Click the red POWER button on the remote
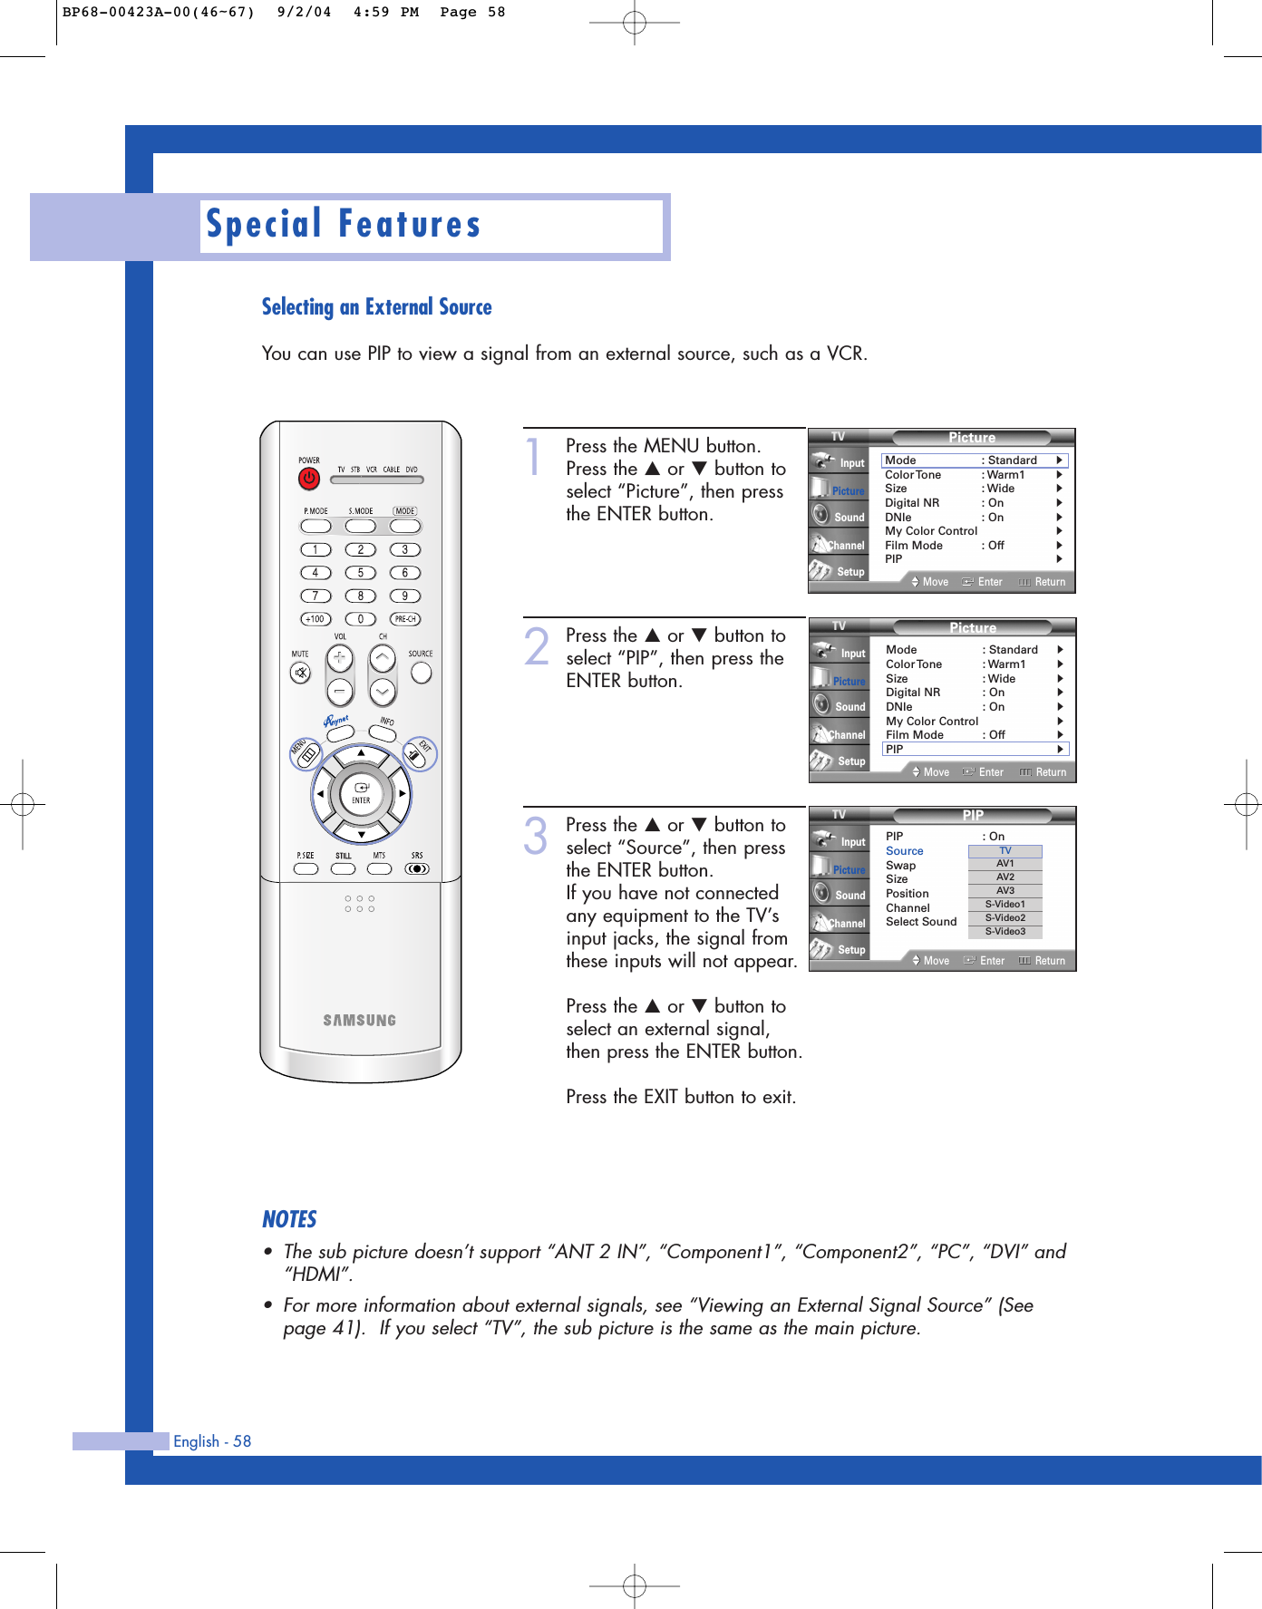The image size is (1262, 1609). point(309,478)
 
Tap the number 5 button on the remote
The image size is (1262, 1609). point(360,573)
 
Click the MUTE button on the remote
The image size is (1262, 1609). point(301,673)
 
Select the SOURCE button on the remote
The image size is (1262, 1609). point(421,673)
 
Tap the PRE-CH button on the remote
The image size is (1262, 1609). point(405,619)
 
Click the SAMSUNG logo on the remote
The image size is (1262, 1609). point(360,1020)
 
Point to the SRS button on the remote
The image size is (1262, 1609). point(416,868)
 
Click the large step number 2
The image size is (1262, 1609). point(537,646)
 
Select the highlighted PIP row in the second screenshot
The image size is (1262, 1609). point(975,749)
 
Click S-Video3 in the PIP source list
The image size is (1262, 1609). point(1005,932)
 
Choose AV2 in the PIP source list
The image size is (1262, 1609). point(1005,877)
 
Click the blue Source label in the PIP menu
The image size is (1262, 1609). point(904,851)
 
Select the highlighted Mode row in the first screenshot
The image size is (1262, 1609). point(974,460)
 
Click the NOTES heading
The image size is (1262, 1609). point(289,1219)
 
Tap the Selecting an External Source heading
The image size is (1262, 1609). point(376,307)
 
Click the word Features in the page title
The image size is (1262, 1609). point(409,225)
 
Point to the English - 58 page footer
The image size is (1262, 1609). point(212,1441)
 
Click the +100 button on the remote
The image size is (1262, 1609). point(315,619)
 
